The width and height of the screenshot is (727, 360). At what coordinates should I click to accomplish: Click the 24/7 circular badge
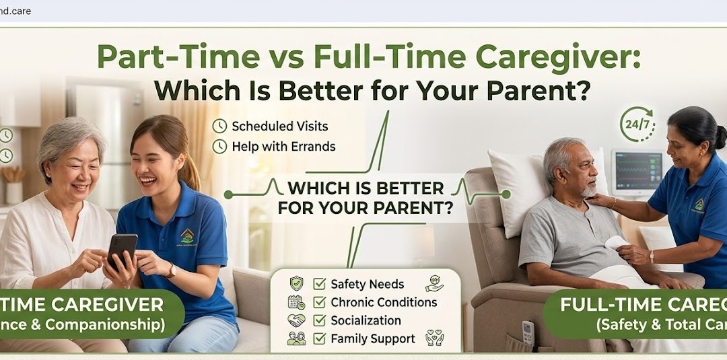click(636, 124)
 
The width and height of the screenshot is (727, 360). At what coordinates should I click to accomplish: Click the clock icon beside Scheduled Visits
click(219, 126)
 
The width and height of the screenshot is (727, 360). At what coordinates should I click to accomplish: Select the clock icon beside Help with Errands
click(219, 146)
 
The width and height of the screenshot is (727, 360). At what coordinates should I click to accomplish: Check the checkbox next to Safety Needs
click(320, 283)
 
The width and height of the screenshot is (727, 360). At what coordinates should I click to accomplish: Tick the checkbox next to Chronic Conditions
click(320, 302)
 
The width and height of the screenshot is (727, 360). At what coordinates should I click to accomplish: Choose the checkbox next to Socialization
click(320, 320)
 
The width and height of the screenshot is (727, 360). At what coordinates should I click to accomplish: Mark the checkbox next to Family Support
click(320, 338)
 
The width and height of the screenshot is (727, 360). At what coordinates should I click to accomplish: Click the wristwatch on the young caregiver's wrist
click(172, 271)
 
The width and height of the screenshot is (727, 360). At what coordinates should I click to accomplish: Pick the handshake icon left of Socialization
click(296, 320)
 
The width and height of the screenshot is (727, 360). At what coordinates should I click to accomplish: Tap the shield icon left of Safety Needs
click(296, 283)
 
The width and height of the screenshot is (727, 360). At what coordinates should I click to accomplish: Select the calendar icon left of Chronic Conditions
click(296, 302)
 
